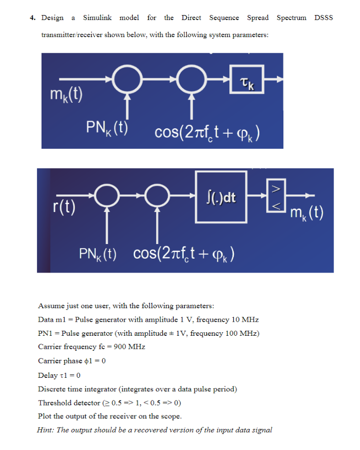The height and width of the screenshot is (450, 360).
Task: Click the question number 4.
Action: pyautogui.click(x=32, y=18)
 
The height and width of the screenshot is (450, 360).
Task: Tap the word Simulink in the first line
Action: pyautogui.click(x=97, y=18)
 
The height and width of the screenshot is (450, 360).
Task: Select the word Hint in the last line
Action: pyautogui.click(x=45, y=429)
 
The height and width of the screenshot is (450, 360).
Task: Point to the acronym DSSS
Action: pyautogui.click(x=323, y=18)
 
